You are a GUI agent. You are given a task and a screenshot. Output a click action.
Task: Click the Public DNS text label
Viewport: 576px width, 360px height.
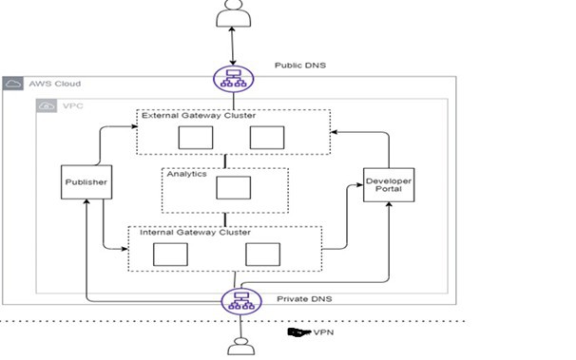[x=301, y=66]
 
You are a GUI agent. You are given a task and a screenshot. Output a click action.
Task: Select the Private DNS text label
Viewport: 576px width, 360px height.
[x=301, y=298]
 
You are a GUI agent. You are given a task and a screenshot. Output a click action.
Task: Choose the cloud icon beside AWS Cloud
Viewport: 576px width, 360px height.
[x=13, y=84]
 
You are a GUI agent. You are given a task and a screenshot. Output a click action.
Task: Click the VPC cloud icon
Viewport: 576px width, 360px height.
[x=46, y=106]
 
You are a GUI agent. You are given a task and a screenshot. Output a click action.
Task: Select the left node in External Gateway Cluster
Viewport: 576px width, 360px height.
[x=195, y=138]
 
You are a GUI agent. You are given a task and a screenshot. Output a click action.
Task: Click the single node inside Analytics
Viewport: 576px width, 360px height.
[x=229, y=187]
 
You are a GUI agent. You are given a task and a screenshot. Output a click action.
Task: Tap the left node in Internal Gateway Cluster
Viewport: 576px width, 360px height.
[x=170, y=254]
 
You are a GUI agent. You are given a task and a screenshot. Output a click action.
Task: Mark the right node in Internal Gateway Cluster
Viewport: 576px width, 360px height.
[x=260, y=254]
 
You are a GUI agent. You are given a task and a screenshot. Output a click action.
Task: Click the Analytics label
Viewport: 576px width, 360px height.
[x=187, y=175]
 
